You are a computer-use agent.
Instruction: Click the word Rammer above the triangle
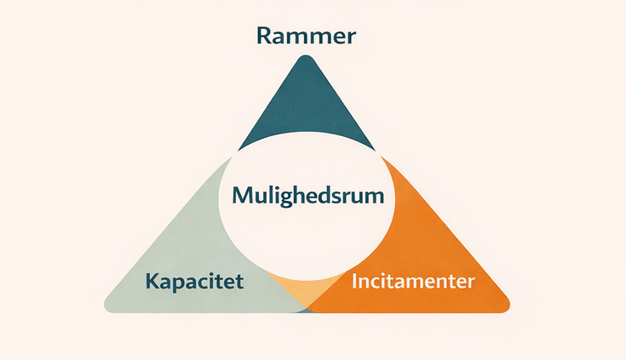pyautogui.click(x=306, y=37)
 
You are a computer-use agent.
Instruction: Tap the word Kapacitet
pyautogui.click(x=195, y=282)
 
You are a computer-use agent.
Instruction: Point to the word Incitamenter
pyautogui.click(x=412, y=282)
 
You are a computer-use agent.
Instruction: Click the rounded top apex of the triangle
pyautogui.click(x=306, y=61)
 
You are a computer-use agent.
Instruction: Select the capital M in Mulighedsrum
pyautogui.click(x=240, y=196)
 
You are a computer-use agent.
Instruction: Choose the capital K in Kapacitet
pyautogui.click(x=152, y=282)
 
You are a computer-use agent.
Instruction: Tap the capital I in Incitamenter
pyautogui.click(x=354, y=282)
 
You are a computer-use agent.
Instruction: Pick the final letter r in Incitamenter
pyautogui.click(x=469, y=283)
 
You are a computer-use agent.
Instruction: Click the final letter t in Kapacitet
pyautogui.click(x=240, y=282)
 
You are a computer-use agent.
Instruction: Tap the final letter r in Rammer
pyautogui.click(x=350, y=38)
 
